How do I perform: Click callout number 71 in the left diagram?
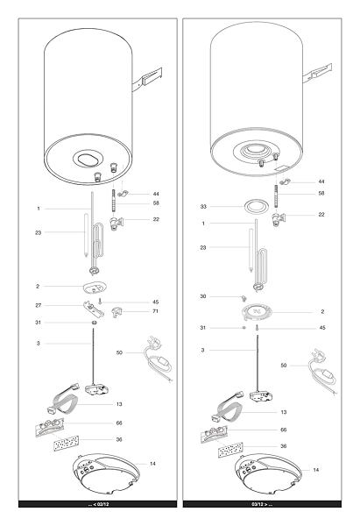pyautogui.click(x=155, y=311)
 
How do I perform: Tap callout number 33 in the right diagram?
pyautogui.click(x=203, y=207)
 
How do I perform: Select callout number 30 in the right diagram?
pyautogui.click(x=203, y=296)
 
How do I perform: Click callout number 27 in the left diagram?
pyautogui.click(x=39, y=305)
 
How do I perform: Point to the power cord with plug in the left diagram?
pyautogui.click(x=158, y=359)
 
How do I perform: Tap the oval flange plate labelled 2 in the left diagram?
pyautogui.click(x=95, y=288)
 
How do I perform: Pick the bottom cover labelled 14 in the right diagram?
pyautogui.click(x=269, y=475)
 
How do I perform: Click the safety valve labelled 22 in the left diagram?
pyautogui.click(x=116, y=223)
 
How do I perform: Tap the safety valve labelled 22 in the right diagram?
pyautogui.click(x=279, y=218)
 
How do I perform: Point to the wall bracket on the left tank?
pyautogui.click(x=147, y=80)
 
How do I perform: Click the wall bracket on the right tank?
pyautogui.click(x=317, y=73)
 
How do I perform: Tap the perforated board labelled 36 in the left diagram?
pyautogui.click(x=67, y=443)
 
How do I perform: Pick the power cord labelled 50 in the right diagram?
pyautogui.click(x=323, y=372)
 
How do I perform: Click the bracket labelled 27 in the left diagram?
pyautogui.click(x=94, y=309)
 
